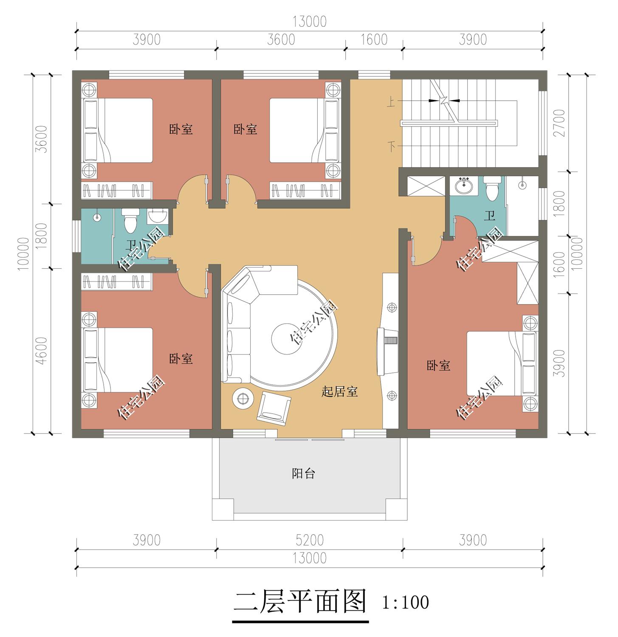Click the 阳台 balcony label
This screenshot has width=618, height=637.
click(303, 474)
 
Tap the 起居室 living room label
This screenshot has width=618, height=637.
click(339, 392)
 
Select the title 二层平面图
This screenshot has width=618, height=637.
click(300, 602)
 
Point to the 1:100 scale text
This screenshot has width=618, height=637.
click(405, 603)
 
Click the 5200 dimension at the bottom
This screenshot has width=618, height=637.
click(310, 540)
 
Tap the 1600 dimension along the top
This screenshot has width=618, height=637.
click(374, 39)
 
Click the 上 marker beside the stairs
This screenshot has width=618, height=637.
click(391, 101)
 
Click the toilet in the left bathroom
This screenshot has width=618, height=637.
click(130, 220)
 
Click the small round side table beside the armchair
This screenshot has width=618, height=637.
click(243, 398)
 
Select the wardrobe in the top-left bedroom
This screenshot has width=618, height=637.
click(116, 190)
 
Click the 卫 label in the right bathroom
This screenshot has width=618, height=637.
click(490, 216)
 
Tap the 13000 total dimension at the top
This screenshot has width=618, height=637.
click(310, 22)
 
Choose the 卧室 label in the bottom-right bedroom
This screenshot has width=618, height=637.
click(438, 366)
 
